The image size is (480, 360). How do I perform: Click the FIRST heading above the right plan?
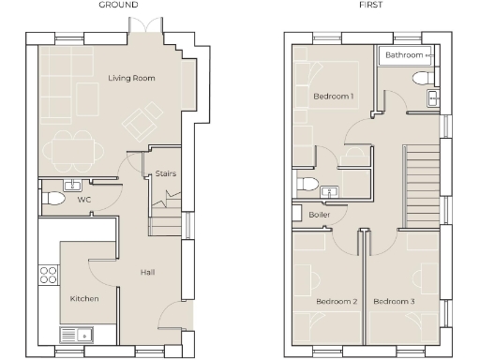pyautogui.click(x=369, y=5)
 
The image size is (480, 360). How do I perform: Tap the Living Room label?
pyautogui.click(x=130, y=78)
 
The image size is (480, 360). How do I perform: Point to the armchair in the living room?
pyautogui.click(x=144, y=120)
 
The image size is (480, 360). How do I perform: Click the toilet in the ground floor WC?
pyautogui.click(x=53, y=200)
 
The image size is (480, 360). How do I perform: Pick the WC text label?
pyautogui.click(x=84, y=200)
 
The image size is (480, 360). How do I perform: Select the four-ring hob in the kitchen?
pyautogui.click(x=48, y=276)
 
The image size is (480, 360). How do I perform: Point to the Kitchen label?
pyautogui.click(x=84, y=298)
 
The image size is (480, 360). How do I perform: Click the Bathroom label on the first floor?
pyautogui.click(x=404, y=56)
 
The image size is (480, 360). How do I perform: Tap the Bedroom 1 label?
pyautogui.click(x=333, y=97)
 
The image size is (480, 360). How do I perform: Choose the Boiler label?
pyautogui.click(x=319, y=215)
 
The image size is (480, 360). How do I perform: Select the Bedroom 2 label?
pyautogui.click(x=336, y=301)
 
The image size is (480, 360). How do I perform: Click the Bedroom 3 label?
pyautogui.click(x=394, y=301)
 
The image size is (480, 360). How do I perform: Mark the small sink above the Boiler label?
pyautogui.click(x=329, y=193)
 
